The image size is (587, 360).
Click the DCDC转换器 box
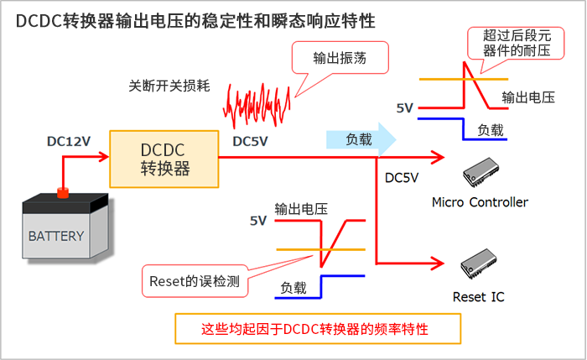click(164, 158)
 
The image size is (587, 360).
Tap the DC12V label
click(69, 142)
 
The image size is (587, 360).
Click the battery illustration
click(64, 228)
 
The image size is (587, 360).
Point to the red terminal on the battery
click(62, 193)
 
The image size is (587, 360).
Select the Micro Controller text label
click(480, 202)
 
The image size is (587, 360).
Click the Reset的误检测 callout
click(194, 281)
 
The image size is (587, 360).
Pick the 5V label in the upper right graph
click(406, 107)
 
